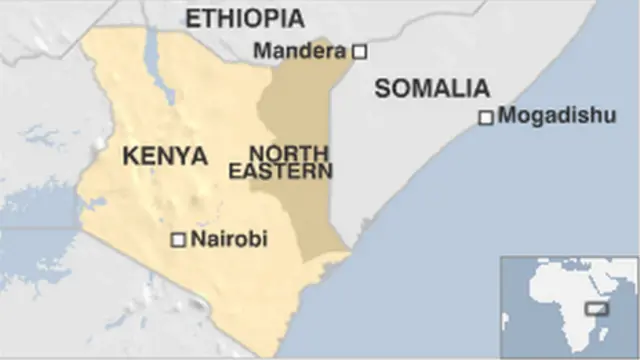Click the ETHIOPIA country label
point(244,18)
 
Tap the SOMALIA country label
point(432,88)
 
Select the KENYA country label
point(164,157)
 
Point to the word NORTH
point(289,154)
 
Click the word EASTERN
point(281,172)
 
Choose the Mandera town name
point(299,50)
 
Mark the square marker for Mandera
point(360,50)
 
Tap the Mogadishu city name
point(557,115)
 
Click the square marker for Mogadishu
point(486,117)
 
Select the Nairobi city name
point(229,239)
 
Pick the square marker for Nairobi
point(178,240)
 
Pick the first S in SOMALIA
point(383,88)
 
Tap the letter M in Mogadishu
point(506,115)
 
